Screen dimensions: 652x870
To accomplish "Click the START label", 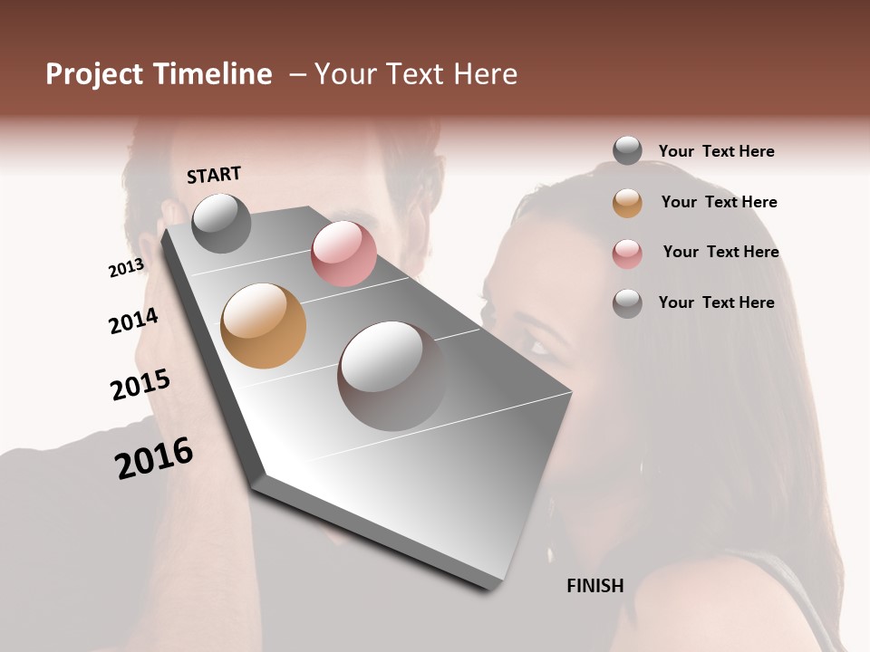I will click(x=214, y=175).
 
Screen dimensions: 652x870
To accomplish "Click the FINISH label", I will click(x=595, y=586).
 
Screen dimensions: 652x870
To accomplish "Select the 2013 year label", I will click(x=126, y=267).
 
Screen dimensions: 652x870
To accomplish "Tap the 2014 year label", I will click(x=133, y=321).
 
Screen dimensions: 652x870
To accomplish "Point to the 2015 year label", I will click(x=140, y=384).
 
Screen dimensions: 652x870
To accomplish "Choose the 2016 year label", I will click(x=154, y=457).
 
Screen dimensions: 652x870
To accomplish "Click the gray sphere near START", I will click(x=221, y=223).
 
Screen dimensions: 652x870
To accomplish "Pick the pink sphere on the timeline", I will click(x=343, y=254).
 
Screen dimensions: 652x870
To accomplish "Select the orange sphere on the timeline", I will click(x=264, y=326).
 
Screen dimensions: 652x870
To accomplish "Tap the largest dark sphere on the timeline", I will click(x=391, y=375).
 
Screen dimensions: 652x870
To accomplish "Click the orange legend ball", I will click(x=627, y=203).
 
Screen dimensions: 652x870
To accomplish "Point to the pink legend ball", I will click(x=627, y=254).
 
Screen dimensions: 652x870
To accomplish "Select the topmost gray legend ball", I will click(x=627, y=151).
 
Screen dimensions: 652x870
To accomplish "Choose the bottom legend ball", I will click(x=627, y=303).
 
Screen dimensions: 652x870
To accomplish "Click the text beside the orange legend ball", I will click(x=719, y=202).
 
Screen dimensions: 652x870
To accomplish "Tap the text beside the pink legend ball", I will click(x=720, y=252).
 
